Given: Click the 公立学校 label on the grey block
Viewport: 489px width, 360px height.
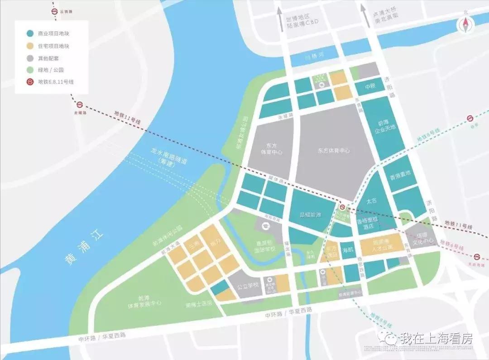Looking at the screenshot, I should pyautogui.click(x=248, y=286).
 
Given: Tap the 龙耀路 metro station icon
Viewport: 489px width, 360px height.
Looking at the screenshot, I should pyautogui.click(x=80, y=105).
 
